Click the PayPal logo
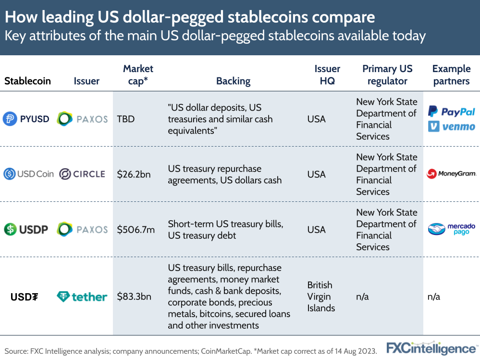(x=451, y=112)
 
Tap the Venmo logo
(x=451, y=126)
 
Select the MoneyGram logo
(x=451, y=174)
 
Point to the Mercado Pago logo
(x=451, y=229)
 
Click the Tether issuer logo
(x=82, y=297)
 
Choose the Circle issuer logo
(x=82, y=174)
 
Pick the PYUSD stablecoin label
(x=26, y=119)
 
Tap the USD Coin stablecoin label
(x=28, y=174)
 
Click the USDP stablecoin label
(x=26, y=229)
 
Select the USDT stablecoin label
(x=25, y=297)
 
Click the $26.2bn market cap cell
(x=134, y=174)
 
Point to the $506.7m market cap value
(x=136, y=230)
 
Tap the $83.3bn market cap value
(x=134, y=297)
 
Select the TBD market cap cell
(x=126, y=119)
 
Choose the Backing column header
(x=233, y=81)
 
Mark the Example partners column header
(x=451, y=75)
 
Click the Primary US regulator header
(x=387, y=75)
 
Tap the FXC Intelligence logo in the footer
(x=431, y=348)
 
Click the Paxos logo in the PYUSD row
(x=82, y=119)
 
